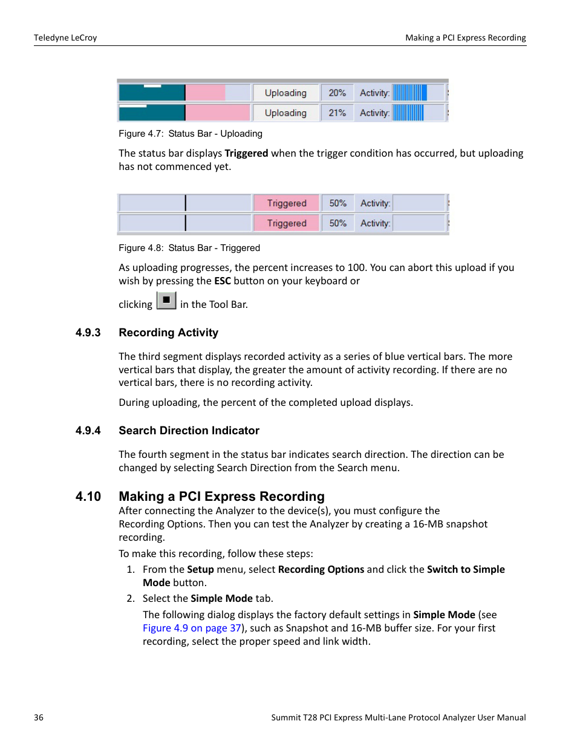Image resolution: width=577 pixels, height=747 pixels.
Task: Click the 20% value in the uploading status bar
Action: coord(337,93)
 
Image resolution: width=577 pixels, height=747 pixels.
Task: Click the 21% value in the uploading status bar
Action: coord(337,113)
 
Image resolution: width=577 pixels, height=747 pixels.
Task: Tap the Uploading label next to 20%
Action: coord(285,93)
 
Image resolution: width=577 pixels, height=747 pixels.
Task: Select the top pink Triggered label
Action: coord(287,203)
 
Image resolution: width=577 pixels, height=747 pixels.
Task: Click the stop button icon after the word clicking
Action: coord(166,301)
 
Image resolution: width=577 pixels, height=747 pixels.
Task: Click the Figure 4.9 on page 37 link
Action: coord(192,628)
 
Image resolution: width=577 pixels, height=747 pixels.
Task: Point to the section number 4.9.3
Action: coord(88,333)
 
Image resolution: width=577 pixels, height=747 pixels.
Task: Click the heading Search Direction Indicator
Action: coord(189,431)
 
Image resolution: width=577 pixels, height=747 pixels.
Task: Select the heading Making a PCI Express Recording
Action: coord(221,497)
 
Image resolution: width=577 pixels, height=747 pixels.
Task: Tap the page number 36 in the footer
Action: coord(39,717)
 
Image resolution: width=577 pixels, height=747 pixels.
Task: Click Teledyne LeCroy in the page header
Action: coord(65,38)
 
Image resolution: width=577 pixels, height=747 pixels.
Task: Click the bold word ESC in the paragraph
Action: coord(223,281)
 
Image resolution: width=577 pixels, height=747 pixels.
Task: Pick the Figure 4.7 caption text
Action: coord(191,134)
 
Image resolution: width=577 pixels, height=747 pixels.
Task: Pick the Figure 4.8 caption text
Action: coord(189,248)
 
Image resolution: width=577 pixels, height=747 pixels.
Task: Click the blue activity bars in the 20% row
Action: coord(410,93)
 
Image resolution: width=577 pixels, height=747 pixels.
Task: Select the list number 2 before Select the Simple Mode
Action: coord(131,598)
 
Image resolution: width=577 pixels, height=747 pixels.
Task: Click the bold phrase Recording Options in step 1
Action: coord(321,569)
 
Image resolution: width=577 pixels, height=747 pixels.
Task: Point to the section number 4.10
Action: coord(88,497)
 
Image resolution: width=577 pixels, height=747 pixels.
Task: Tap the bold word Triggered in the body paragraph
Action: coord(246,153)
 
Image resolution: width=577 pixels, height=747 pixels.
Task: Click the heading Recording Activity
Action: coord(168,333)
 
